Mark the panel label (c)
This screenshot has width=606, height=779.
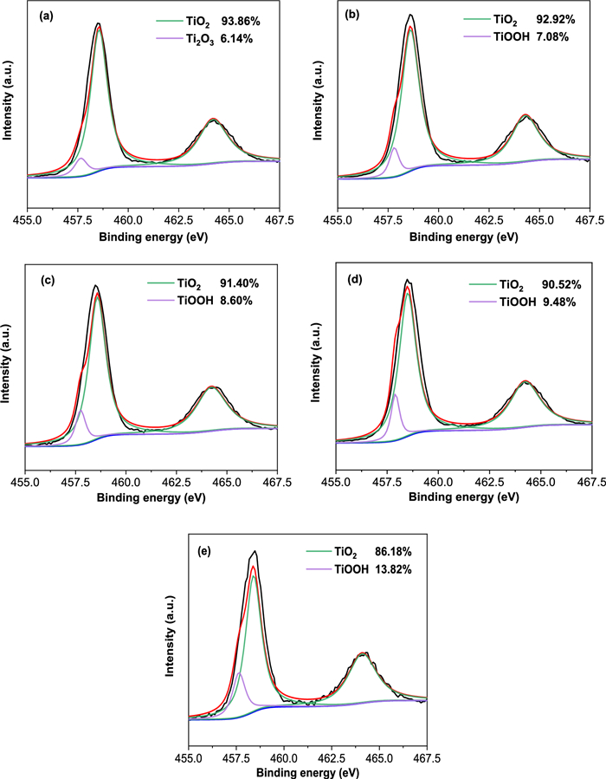[x=41, y=280]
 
